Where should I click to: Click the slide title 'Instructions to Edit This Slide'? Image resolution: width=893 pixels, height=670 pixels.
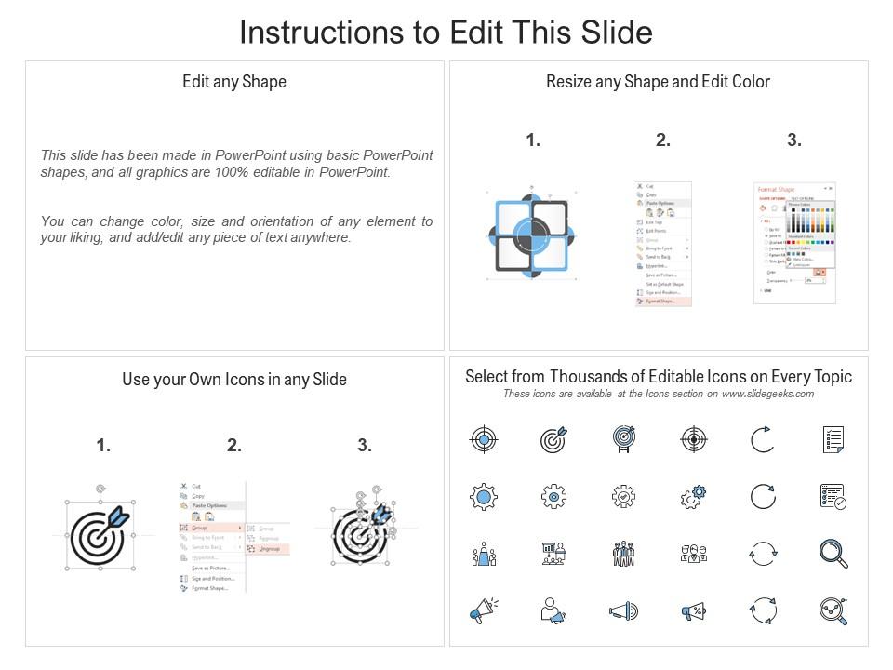tap(446, 33)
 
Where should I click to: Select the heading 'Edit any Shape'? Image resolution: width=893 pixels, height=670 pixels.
tap(234, 82)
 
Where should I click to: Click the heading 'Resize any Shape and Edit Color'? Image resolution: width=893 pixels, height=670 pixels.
tap(658, 82)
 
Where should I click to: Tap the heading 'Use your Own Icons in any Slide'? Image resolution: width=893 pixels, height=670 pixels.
tap(234, 380)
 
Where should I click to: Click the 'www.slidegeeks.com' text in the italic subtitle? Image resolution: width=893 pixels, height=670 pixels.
tap(767, 394)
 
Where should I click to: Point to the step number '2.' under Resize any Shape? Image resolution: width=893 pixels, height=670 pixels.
tap(663, 141)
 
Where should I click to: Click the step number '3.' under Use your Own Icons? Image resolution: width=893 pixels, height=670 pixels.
tap(365, 446)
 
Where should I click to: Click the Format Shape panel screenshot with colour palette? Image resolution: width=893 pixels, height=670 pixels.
tap(793, 241)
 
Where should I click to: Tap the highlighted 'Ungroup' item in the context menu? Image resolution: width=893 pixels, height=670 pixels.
tap(269, 549)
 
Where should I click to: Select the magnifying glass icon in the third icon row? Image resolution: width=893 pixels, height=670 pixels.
tap(833, 554)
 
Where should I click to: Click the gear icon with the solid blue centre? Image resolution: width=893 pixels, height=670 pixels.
tap(484, 497)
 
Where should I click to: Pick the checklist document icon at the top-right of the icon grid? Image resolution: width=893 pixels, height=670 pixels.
tap(833, 439)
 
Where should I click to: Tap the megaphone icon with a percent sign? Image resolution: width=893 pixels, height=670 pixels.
tap(693, 611)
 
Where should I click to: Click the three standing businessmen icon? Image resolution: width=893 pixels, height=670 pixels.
tap(622, 554)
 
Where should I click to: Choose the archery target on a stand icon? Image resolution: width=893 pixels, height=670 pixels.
tap(622, 439)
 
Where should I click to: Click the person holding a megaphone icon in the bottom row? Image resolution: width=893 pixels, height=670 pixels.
tap(553, 611)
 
